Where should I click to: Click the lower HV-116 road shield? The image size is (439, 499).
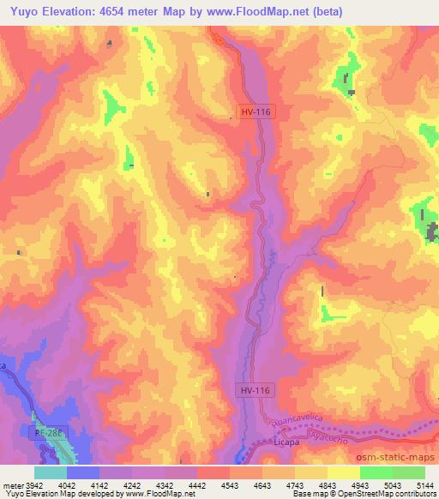point(254,390)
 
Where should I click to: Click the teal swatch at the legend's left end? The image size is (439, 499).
point(51,472)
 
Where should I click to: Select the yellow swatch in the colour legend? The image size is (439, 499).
point(343,472)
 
